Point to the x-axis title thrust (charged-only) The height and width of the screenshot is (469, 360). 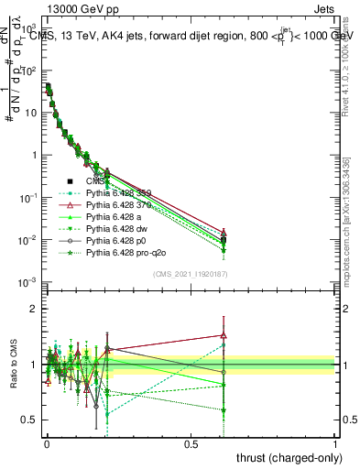coord(289,457)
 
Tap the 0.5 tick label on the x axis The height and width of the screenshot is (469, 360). coord(191,443)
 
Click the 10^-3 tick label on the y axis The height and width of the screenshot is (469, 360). coord(29,282)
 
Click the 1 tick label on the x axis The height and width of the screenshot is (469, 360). coord(334,443)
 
